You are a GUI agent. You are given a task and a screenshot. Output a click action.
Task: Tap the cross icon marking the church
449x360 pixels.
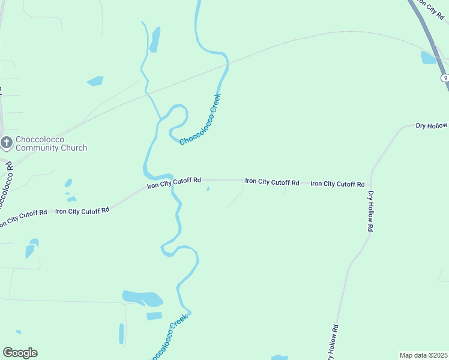coord(7,143)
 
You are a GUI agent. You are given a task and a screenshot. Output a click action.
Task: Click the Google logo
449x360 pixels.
coord(20,353)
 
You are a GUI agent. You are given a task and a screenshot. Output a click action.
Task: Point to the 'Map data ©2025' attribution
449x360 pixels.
coord(424,355)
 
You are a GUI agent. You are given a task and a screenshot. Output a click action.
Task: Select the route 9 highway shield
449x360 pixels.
coord(444,78)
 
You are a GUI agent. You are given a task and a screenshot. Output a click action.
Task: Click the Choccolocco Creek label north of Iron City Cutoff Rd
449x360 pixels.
coord(200,119)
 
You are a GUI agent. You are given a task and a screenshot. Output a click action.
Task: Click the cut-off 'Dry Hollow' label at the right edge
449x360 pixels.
coord(432,125)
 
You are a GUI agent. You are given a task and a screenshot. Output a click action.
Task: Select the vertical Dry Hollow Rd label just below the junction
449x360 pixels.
coord(372,211)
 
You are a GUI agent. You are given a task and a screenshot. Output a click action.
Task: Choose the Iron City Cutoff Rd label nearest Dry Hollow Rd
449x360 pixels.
coord(337,184)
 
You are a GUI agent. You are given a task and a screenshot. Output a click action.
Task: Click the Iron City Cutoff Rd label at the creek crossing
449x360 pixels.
coord(174,182)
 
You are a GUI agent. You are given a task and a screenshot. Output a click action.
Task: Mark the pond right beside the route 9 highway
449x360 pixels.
coord(429,58)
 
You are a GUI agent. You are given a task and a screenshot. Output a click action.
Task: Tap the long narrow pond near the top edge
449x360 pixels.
coord(155,40)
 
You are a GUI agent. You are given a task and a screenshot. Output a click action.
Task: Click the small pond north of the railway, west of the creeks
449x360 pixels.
coord(95,80)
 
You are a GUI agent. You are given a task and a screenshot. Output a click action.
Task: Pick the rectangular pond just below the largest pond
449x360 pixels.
coord(154,316)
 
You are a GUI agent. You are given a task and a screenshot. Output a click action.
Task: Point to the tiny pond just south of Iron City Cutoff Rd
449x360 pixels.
coord(208,189)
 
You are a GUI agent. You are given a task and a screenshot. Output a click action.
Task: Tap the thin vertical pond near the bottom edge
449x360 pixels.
coord(121,334)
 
